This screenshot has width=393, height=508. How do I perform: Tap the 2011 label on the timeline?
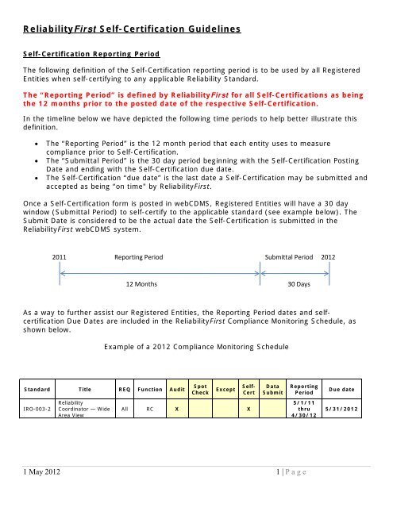[60, 258]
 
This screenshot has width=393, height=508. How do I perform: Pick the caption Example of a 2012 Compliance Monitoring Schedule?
[195, 347]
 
